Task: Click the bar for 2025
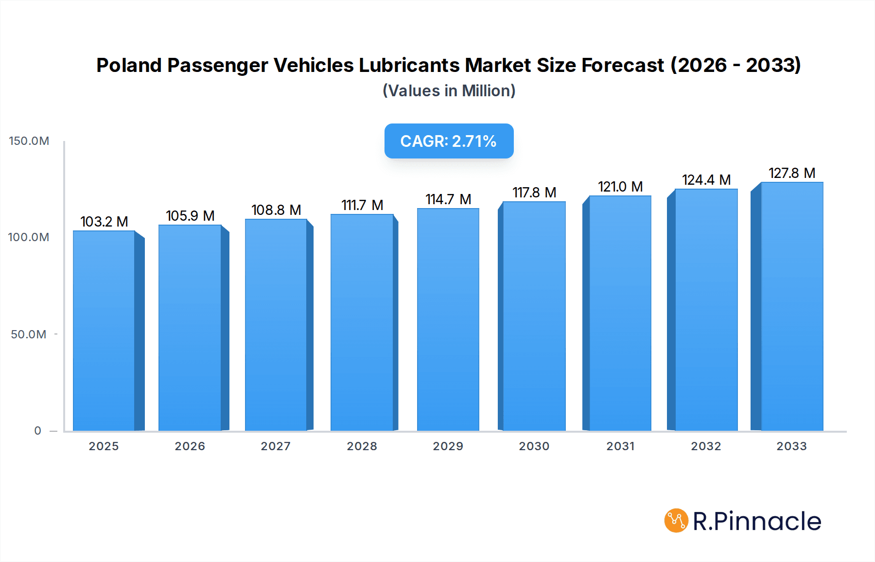click(104, 331)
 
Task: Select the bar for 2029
click(448, 319)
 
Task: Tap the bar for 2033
click(791, 306)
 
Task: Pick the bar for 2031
click(620, 313)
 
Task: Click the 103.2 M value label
click(104, 222)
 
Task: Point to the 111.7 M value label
click(362, 205)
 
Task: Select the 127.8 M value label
click(791, 173)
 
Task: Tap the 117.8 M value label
click(534, 193)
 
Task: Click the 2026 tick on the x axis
click(190, 446)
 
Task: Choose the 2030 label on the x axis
click(534, 446)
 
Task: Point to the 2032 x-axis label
click(706, 446)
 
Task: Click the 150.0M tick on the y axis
click(29, 141)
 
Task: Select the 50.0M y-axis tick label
click(29, 334)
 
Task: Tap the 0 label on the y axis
click(37, 431)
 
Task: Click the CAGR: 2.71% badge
click(449, 141)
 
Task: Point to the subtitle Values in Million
click(449, 91)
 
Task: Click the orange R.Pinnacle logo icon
click(676, 521)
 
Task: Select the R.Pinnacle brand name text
click(757, 521)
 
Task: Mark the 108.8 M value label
click(276, 210)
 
